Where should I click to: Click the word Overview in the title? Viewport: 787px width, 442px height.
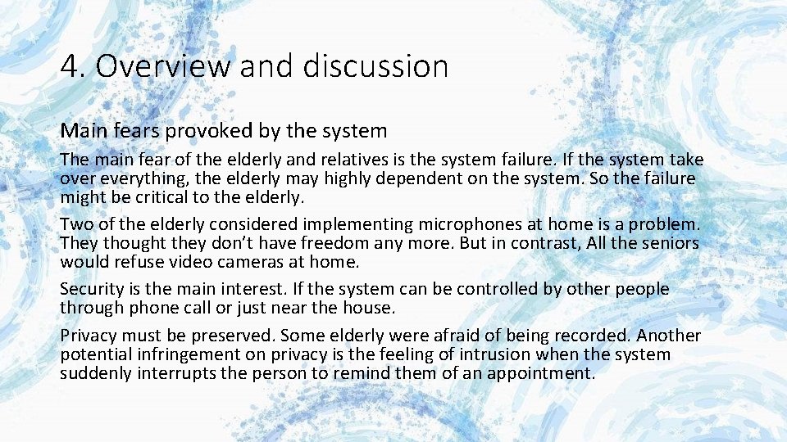(163, 66)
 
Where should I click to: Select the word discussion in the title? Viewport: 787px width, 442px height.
(375, 66)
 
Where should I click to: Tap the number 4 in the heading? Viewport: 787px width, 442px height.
(70, 66)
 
